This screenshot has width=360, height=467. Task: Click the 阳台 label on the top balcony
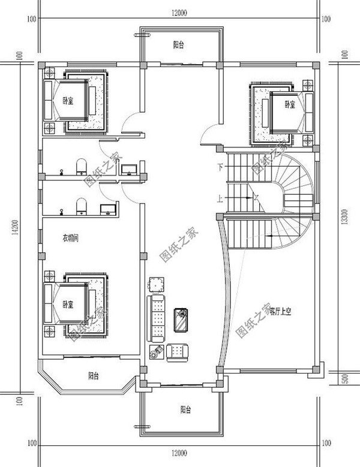[179, 45]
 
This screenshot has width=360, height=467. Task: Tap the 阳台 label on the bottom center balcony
[185, 410]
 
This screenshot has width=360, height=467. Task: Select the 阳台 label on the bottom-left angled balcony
[94, 376]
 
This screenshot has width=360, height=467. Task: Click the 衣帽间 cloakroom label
[71, 238]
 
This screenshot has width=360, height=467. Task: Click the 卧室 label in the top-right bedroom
[290, 104]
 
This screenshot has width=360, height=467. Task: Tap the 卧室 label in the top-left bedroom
[68, 101]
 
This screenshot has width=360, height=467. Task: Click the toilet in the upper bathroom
[82, 166]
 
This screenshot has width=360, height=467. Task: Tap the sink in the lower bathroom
[108, 209]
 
